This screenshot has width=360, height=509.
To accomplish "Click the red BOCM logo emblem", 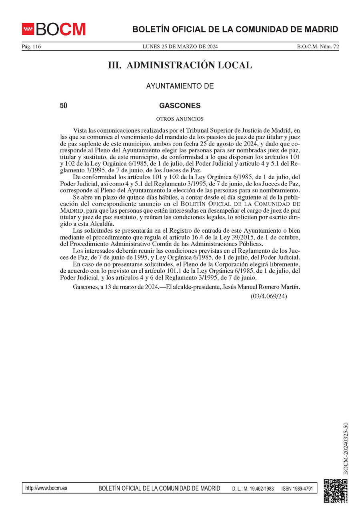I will (x=28, y=29).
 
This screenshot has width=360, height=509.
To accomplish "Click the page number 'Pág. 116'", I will (x=31, y=47).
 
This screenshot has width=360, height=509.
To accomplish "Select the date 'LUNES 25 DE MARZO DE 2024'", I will (x=180, y=47).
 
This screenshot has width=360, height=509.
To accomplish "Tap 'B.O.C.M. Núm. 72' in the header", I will (x=318, y=47).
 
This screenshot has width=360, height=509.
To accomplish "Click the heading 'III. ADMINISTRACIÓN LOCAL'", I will (x=180, y=65).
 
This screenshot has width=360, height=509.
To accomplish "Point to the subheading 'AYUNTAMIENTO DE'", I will (x=180, y=86).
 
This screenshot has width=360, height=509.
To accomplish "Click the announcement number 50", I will (x=63, y=106).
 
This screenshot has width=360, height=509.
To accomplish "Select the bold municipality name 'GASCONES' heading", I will (x=180, y=106).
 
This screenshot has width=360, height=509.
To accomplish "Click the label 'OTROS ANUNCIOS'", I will (x=180, y=119).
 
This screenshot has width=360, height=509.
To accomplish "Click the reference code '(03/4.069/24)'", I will (x=269, y=296).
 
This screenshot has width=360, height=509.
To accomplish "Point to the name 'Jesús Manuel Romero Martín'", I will (x=260, y=287).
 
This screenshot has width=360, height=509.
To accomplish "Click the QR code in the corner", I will (x=335, y=490).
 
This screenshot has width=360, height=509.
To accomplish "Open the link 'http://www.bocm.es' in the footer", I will (x=46, y=488).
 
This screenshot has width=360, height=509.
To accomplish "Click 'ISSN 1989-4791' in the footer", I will (x=297, y=489).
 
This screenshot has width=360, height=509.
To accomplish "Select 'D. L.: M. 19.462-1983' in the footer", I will (x=253, y=489).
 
